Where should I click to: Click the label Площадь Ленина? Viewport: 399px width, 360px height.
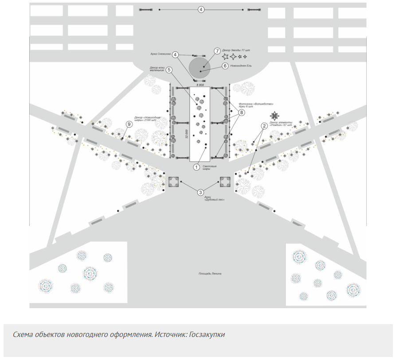210,274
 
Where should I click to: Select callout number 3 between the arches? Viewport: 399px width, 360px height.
200,192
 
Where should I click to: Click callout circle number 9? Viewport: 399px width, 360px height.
129,124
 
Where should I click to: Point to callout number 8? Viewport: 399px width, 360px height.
242,113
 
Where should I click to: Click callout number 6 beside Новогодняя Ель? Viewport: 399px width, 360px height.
225,66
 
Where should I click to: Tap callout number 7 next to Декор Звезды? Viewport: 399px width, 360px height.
217,51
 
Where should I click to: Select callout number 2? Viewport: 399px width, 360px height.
264,126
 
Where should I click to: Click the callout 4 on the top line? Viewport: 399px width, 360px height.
201,9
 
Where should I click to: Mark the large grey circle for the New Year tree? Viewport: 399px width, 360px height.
199,67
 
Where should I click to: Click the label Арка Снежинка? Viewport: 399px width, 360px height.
160,54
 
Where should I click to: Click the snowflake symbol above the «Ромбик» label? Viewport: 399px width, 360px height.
275,116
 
